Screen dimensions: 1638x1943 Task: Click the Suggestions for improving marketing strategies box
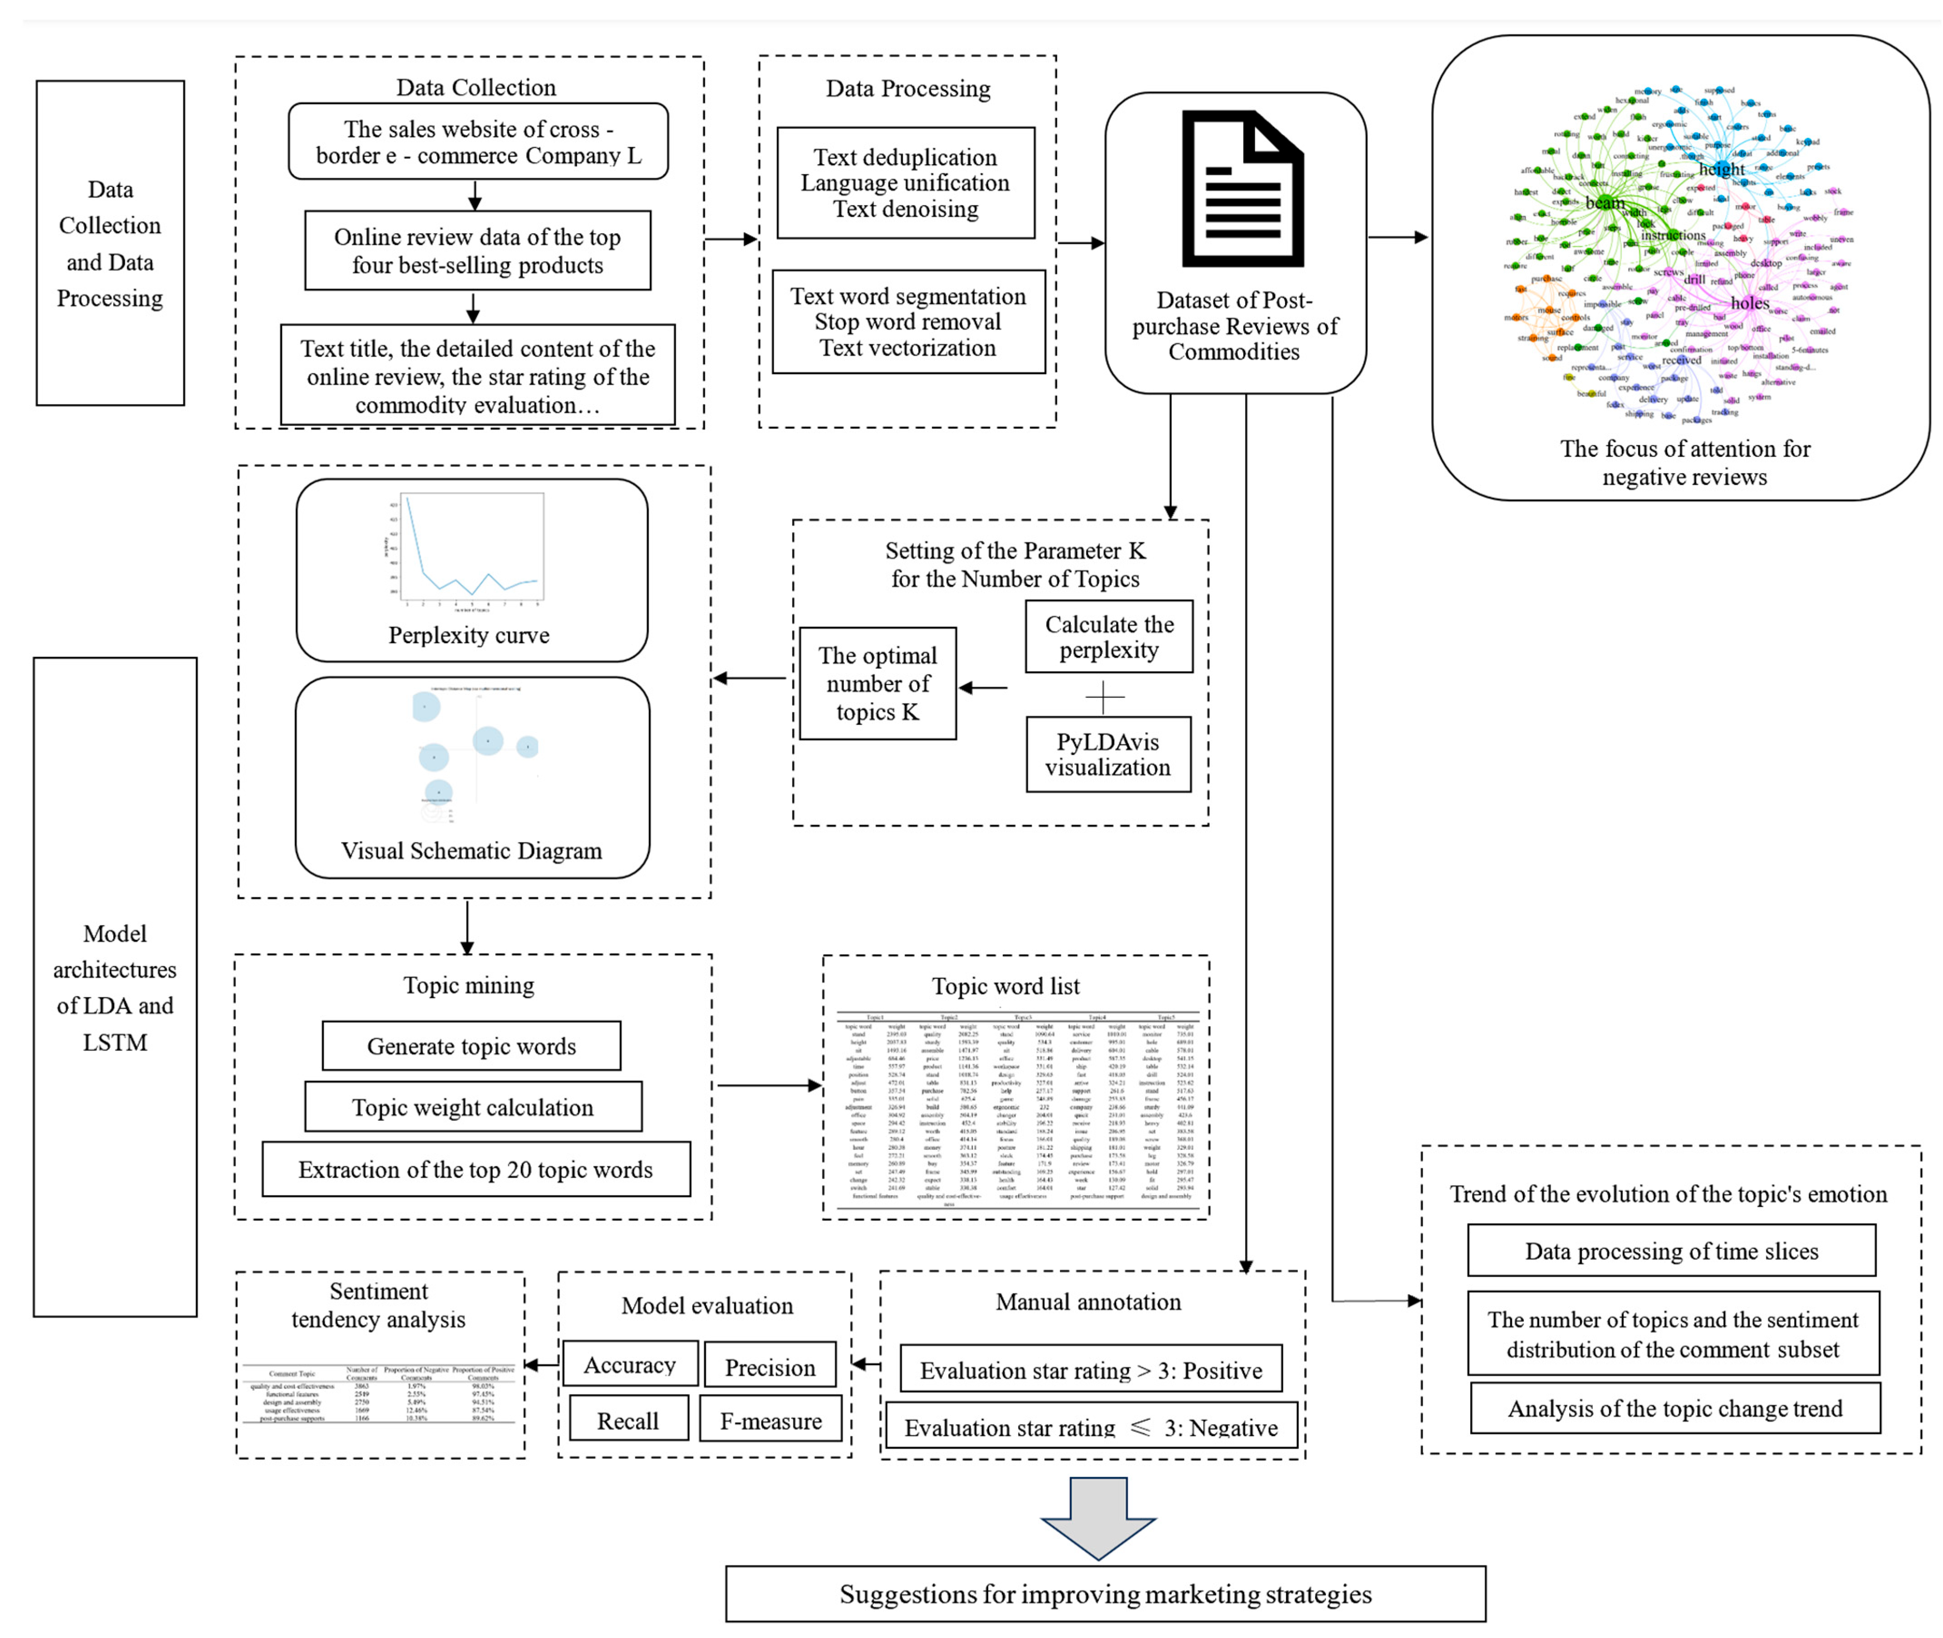click(1105, 1594)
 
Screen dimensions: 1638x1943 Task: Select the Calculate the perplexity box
click(1109, 637)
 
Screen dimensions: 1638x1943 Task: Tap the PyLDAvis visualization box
click(1108, 754)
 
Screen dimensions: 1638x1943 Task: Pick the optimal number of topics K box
click(878, 684)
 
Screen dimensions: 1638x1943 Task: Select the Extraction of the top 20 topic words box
click(476, 1169)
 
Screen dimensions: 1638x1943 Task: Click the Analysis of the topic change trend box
click(1674, 1408)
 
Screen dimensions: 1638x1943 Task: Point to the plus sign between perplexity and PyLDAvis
click(1104, 695)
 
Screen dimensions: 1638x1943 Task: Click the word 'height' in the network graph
click(1721, 169)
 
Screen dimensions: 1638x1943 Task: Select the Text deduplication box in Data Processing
click(906, 183)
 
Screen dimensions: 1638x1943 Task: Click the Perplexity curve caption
click(469, 635)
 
